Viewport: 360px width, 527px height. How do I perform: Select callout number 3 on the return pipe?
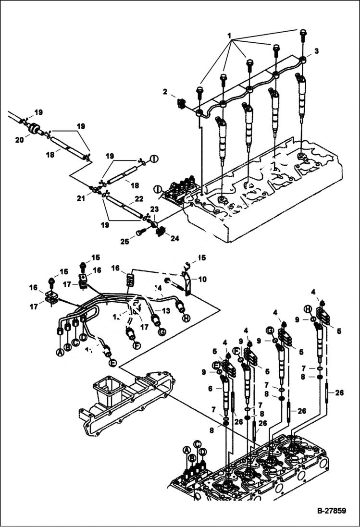(316, 50)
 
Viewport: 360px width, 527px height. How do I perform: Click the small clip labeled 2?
(182, 103)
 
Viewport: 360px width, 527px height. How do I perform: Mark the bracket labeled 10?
(187, 283)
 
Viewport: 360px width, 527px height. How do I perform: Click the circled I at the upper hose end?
(154, 159)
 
